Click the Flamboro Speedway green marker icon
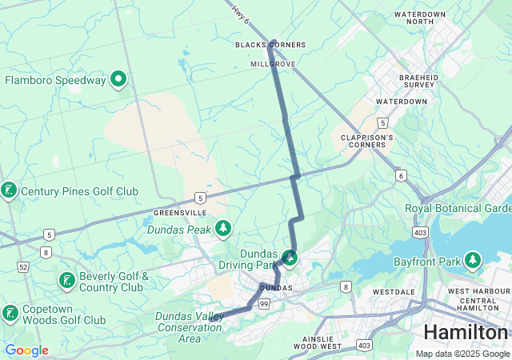(x=118, y=78)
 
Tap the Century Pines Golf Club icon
(x=9, y=190)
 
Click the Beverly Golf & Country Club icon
(x=67, y=281)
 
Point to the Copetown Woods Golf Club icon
(x=10, y=313)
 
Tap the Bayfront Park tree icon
(x=474, y=261)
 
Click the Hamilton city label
(x=465, y=332)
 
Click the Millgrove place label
(x=273, y=63)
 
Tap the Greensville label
(x=180, y=213)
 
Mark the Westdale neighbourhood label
(x=392, y=292)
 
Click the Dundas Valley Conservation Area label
(x=190, y=327)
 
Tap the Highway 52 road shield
(x=23, y=266)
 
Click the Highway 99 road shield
(x=264, y=304)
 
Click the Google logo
(x=26, y=350)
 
